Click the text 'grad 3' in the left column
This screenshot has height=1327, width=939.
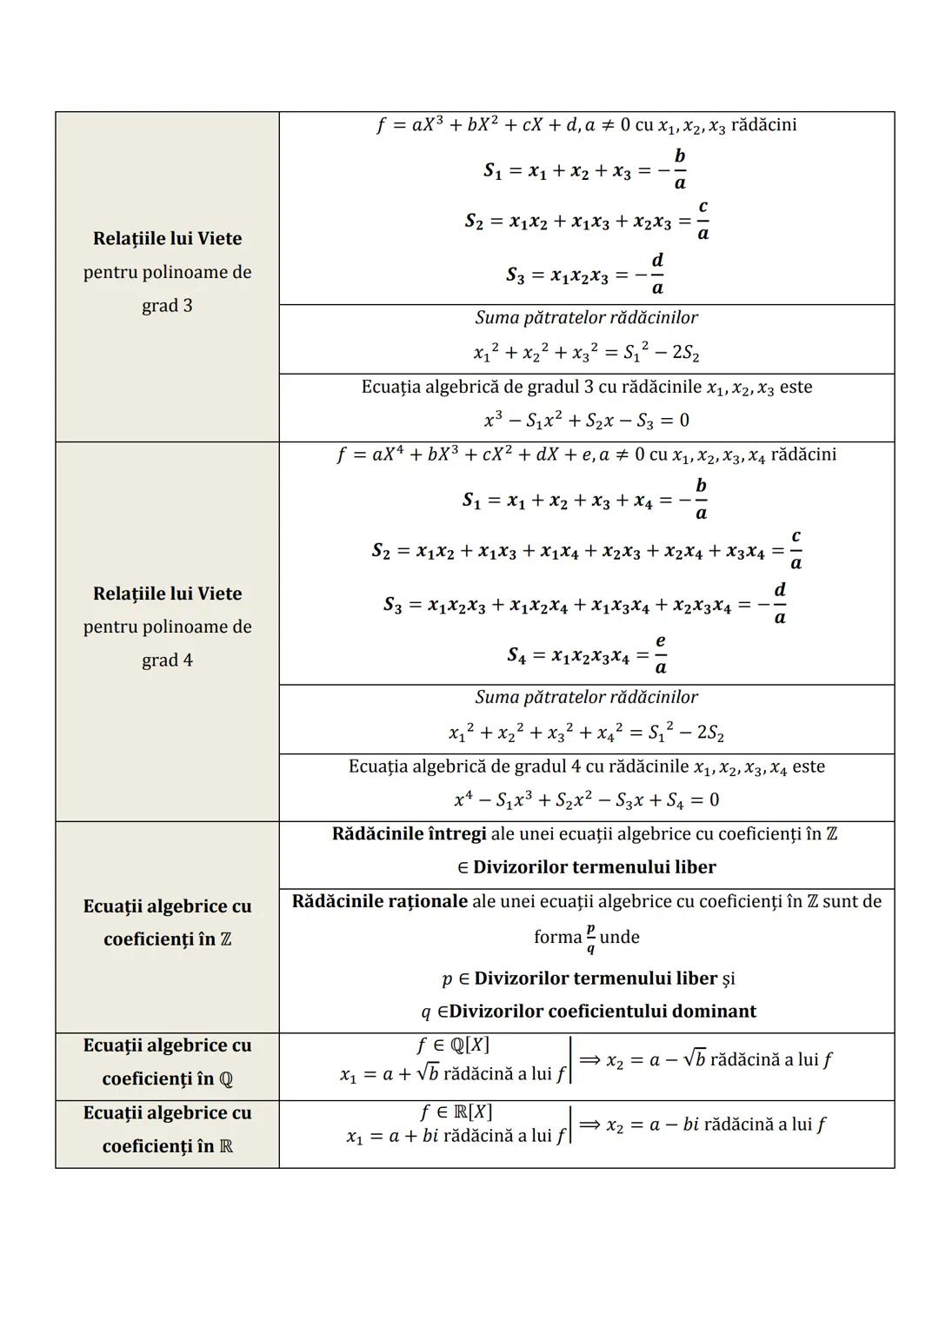(167, 306)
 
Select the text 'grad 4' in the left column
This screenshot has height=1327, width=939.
(167, 660)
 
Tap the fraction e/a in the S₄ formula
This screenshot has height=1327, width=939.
(661, 654)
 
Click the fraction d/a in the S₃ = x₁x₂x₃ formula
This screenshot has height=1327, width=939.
(657, 274)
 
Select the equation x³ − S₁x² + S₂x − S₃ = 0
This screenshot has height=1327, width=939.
(586, 421)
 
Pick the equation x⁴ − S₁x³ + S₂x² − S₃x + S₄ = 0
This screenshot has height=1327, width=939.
(586, 800)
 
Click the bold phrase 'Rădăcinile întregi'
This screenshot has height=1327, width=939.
(409, 834)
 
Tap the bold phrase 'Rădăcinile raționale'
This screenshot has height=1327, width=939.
(379, 901)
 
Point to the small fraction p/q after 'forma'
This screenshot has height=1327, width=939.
(590, 938)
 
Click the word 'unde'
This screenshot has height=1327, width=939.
(619, 938)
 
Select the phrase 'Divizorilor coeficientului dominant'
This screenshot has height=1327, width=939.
(603, 1012)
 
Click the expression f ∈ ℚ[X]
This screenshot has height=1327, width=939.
(454, 1045)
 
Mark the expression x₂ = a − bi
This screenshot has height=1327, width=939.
(651, 1125)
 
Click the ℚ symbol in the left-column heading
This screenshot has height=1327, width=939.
(225, 1079)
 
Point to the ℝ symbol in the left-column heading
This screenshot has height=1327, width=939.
(225, 1147)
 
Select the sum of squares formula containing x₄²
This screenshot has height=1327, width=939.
(586, 733)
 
